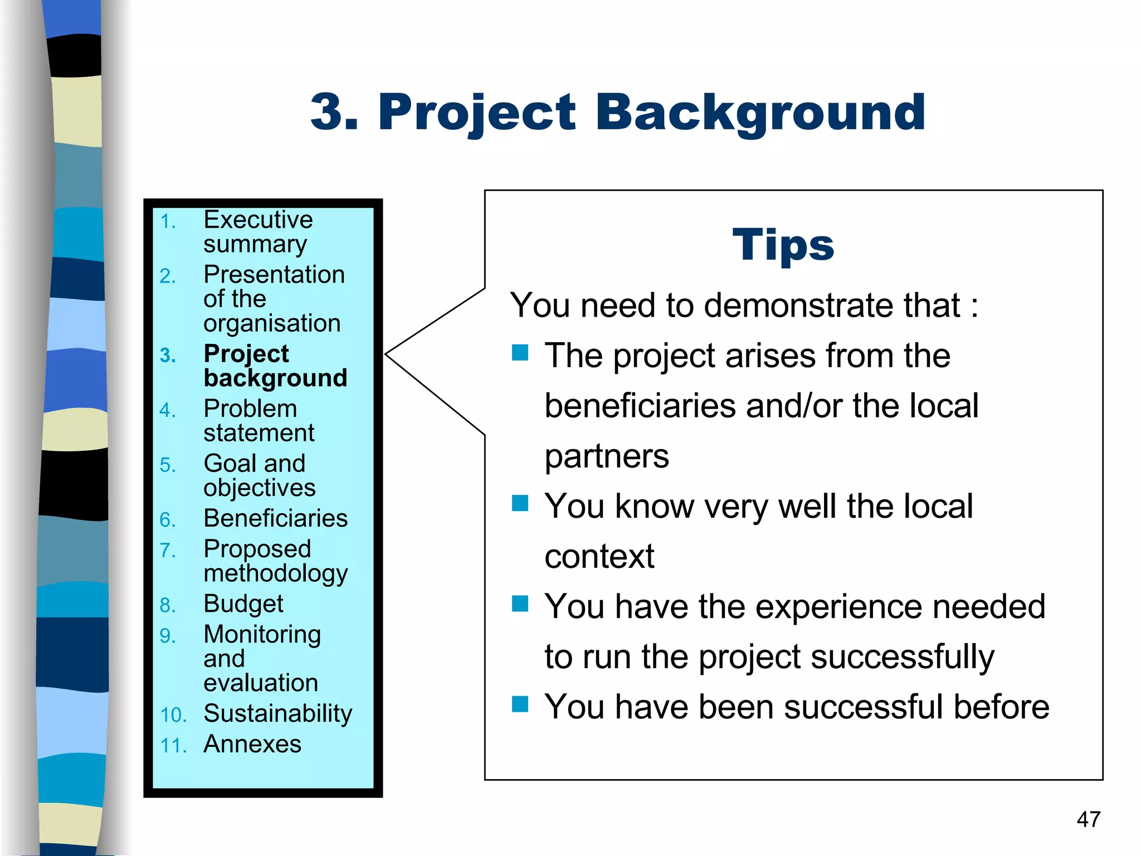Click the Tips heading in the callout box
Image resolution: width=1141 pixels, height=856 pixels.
783,245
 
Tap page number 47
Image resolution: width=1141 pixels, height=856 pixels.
1088,819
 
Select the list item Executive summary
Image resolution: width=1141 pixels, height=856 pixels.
257,231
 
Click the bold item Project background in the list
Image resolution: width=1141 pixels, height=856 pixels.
275,366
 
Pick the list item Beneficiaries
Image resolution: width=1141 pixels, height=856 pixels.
275,518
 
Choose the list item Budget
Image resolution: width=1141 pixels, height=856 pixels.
243,604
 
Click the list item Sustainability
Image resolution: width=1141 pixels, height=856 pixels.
277,713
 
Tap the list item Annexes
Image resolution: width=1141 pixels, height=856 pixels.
252,744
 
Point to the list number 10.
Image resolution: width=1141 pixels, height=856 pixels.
173,715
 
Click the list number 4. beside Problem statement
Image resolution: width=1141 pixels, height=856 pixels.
168,410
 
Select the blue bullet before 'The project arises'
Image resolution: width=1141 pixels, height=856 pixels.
520,353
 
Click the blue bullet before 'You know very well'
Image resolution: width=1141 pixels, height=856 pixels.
520,503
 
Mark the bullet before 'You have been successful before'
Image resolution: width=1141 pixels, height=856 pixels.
520,704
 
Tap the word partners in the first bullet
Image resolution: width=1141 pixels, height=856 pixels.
606,456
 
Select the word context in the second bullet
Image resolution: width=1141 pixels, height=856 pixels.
599,556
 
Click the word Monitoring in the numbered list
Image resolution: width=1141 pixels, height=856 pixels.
262,634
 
